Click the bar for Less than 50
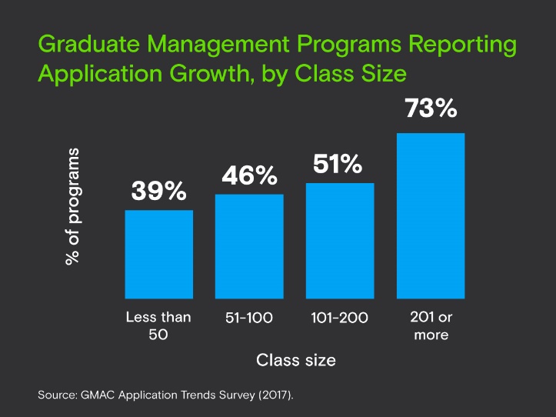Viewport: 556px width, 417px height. click(159, 254)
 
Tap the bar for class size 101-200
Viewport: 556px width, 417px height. click(340, 240)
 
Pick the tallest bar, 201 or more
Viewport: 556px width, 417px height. click(431, 215)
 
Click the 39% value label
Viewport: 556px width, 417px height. click(158, 192)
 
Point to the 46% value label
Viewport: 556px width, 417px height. click(249, 175)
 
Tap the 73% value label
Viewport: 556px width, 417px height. click(431, 108)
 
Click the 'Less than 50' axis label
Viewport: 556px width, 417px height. click(158, 326)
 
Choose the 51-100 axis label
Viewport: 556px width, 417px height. click(249, 318)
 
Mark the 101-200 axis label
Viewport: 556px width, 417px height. click(340, 318)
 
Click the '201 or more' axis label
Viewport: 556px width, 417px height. click(430, 326)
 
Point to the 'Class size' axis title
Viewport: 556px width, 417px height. click(296, 359)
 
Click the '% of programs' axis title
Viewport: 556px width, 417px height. click(72, 207)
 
